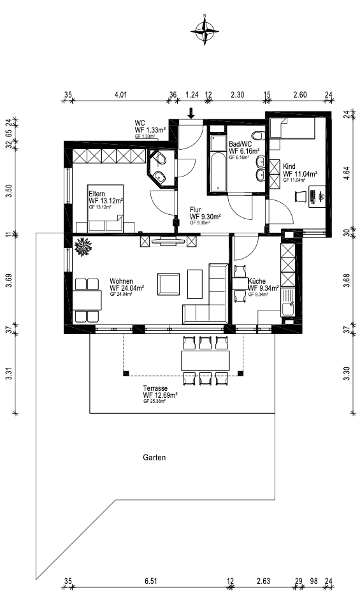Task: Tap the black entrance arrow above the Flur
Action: coord(191,113)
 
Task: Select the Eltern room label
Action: coord(97,193)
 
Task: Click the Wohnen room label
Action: coord(121,281)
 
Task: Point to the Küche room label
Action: coord(256,281)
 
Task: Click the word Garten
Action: coord(154,458)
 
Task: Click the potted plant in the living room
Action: coord(83,245)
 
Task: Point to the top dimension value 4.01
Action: coord(121,95)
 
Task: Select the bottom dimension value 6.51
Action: coord(150,581)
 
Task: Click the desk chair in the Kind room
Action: coord(299,198)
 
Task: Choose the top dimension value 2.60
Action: coord(299,95)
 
